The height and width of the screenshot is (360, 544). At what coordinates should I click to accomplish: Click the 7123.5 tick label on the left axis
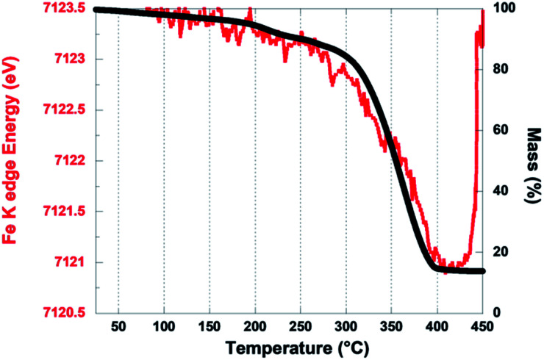tap(65, 9)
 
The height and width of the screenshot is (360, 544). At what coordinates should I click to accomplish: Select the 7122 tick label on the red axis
tap(73, 161)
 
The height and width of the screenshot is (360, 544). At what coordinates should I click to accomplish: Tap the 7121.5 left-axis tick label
tap(65, 212)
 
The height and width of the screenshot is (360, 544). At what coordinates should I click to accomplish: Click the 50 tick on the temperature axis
tap(118, 325)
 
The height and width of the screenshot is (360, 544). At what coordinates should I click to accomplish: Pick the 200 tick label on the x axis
tap(254, 325)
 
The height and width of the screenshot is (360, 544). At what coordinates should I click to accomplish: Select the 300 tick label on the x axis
tap(346, 325)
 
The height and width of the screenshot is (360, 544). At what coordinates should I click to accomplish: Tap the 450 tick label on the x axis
tap(482, 325)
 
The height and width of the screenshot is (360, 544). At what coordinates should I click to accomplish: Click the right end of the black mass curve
tap(482, 271)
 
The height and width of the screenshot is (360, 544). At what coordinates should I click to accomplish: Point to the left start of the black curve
tap(98, 10)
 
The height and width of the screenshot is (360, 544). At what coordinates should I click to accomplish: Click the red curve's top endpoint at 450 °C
tap(482, 11)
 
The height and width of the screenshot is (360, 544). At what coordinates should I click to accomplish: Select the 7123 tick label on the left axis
tap(73, 60)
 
